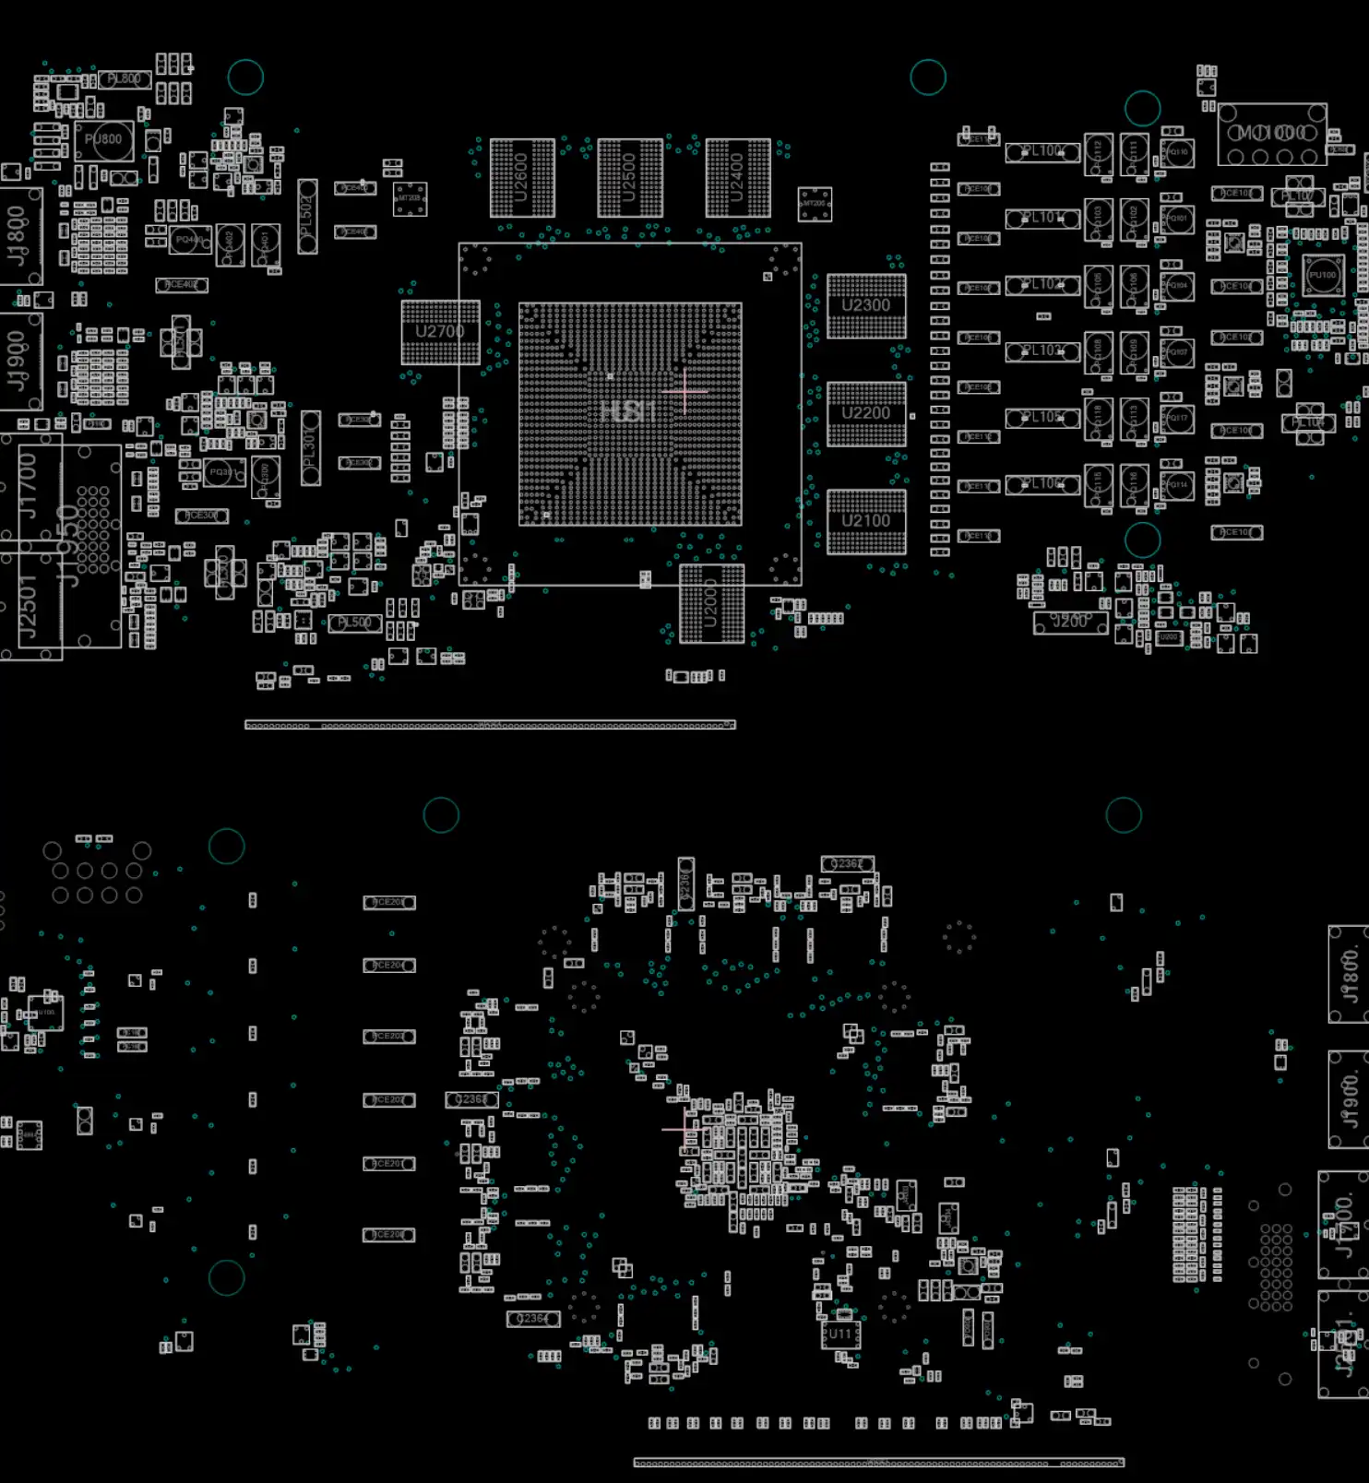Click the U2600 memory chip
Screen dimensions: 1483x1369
coord(522,178)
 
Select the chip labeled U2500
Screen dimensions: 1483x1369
coord(630,178)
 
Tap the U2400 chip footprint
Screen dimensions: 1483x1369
coord(738,178)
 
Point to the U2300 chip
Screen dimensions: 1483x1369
coord(866,306)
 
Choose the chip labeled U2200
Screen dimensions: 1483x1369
coord(866,414)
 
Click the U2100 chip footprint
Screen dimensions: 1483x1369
coord(866,522)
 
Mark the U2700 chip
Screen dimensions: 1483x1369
coord(441,332)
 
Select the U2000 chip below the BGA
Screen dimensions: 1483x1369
coord(711,604)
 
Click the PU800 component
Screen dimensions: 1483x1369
coord(103,141)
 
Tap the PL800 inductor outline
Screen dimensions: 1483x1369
coord(125,80)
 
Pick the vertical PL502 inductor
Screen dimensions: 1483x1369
coord(307,217)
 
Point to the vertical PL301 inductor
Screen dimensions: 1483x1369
coord(311,448)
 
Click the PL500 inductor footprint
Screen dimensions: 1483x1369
coord(354,623)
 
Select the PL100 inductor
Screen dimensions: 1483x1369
coord(1042,152)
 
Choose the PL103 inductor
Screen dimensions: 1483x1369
coord(1042,351)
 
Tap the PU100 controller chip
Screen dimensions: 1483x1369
coord(1322,275)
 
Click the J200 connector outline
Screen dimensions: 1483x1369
coord(1070,623)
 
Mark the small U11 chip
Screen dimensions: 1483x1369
coord(840,1334)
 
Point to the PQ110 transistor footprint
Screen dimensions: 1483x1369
coord(1177,152)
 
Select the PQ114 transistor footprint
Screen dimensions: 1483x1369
coord(1177,484)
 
